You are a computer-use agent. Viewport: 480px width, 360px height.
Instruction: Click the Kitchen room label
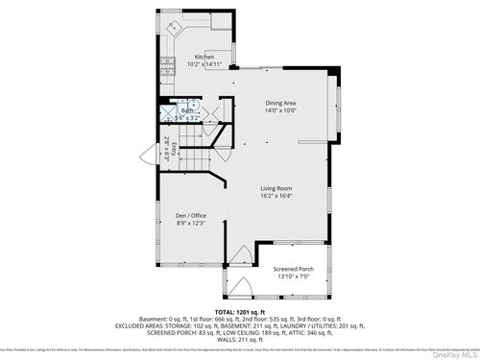click(x=204, y=58)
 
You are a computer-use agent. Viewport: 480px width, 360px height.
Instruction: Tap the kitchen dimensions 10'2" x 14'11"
click(x=204, y=65)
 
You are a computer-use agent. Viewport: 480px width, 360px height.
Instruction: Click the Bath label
click(x=187, y=110)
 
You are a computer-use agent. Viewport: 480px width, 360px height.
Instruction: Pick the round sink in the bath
click(x=192, y=107)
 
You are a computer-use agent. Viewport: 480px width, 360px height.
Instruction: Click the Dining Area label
click(x=280, y=103)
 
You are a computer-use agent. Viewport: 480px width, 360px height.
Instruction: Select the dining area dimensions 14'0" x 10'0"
click(x=280, y=110)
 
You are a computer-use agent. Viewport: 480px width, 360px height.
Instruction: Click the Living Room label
click(x=276, y=188)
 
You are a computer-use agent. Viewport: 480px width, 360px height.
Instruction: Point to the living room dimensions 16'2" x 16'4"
click(x=276, y=196)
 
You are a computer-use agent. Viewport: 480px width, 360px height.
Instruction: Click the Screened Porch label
click(x=293, y=269)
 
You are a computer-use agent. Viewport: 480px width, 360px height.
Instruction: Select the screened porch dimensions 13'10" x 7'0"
click(x=293, y=276)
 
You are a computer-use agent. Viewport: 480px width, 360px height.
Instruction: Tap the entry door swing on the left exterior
click(x=148, y=154)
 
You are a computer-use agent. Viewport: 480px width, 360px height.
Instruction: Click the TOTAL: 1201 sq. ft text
click(x=239, y=313)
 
